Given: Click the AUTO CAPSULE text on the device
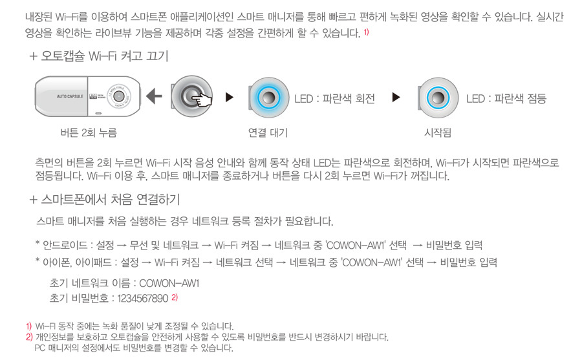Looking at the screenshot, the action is pyautogui.click(x=70, y=96).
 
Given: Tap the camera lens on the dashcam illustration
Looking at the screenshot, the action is pyautogui.click(x=118, y=96).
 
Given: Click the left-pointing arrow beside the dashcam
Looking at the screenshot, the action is pyautogui.click(x=154, y=96).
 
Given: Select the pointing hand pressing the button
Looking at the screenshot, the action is pyautogui.click(x=201, y=99).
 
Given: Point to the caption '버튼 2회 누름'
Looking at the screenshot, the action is pyautogui.click(x=89, y=132).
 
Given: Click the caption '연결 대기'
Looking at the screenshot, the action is pyautogui.click(x=268, y=132).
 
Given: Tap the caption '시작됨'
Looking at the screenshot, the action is pyautogui.click(x=438, y=132).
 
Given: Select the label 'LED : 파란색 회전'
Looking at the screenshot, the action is pyautogui.click(x=334, y=99).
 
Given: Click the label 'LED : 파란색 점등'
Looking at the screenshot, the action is pyautogui.click(x=506, y=99).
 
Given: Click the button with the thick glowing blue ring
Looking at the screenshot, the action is pyautogui.click(x=268, y=98).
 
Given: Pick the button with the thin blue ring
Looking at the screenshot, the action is pyautogui.click(x=438, y=98).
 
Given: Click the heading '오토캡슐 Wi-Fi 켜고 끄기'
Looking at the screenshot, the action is pyautogui.click(x=104, y=56).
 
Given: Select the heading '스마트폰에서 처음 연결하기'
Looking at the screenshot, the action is pyautogui.click(x=110, y=200).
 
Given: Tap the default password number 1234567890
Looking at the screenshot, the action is pyautogui.click(x=143, y=299).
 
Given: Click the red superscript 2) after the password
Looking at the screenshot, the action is pyautogui.click(x=175, y=297).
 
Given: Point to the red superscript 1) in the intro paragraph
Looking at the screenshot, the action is pyautogui.click(x=366, y=32).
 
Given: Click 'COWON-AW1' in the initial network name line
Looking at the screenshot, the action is pyautogui.click(x=169, y=284).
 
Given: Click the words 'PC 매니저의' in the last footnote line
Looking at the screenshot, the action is pyautogui.click(x=56, y=348).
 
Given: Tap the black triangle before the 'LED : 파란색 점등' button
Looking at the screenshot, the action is pyautogui.click(x=396, y=97).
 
